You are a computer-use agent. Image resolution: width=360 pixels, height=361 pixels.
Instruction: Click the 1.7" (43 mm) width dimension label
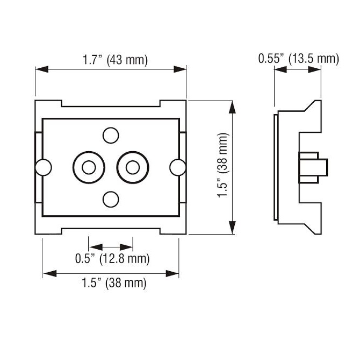[x=115, y=60]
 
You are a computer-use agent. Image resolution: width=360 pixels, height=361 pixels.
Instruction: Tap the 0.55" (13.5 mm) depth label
[x=298, y=59]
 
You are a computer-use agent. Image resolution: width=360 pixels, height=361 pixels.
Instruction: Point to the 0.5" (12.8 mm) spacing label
[x=112, y=259]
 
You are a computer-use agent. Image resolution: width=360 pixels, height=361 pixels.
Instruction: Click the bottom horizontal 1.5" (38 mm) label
[x=113, y=283]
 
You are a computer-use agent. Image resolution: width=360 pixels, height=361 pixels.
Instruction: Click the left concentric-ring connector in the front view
[x=88, y=167]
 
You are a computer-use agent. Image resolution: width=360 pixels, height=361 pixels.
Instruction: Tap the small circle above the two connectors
[x=111, y=136]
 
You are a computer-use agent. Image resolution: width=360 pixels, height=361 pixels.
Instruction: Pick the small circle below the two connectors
[x=111, y=199]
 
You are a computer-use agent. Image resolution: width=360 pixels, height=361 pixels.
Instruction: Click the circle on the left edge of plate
[x=43, y=167]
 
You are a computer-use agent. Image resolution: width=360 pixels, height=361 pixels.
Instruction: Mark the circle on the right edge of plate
[x=177, y=167]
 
